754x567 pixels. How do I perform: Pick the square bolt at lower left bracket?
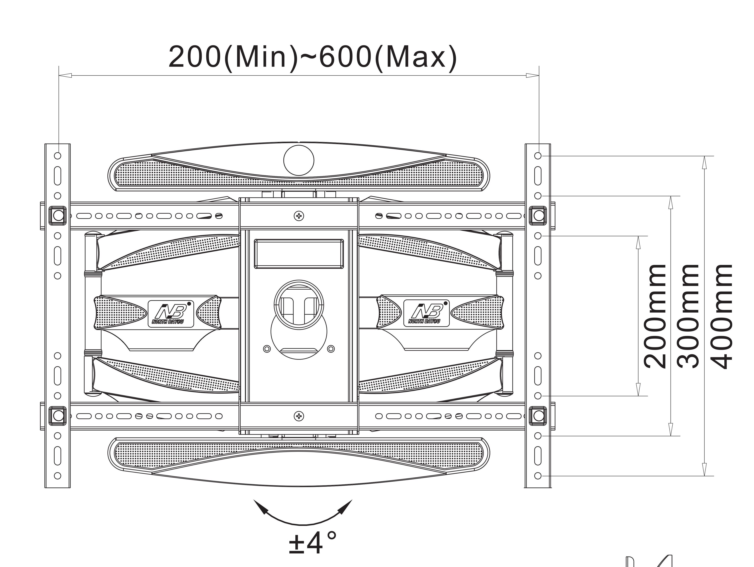pyautogui.click(x=58, y=416)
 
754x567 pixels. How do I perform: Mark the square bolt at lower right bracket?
pyautogui.click(x=538, y=416)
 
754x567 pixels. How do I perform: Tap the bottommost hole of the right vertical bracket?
pyautogui.click(x=538, y=476)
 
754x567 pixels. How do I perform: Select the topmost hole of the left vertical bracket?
pyautogui.click(x=58, y=156)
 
